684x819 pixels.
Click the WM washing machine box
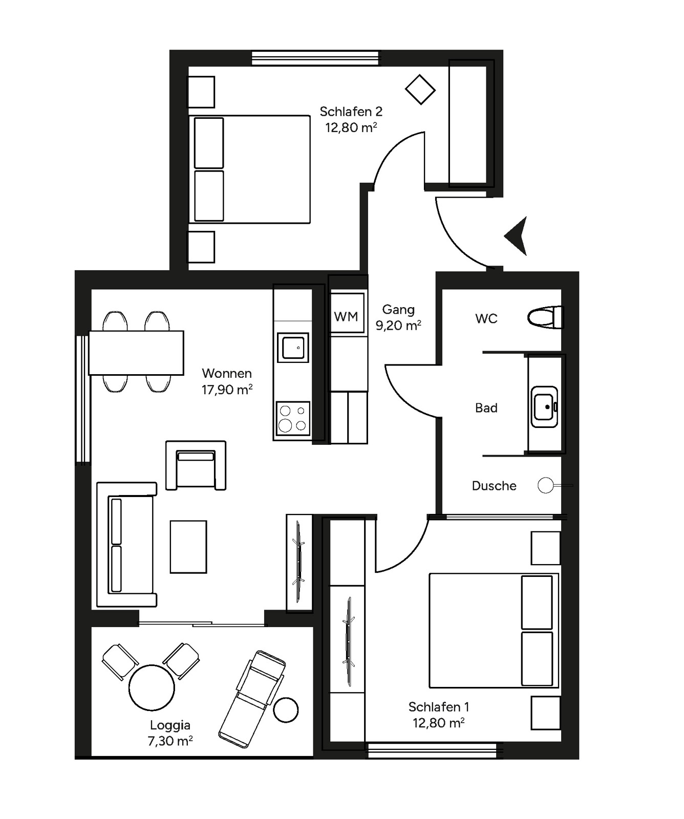point(347,316)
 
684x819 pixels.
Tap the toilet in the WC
point(544,317)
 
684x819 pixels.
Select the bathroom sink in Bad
point(544,407)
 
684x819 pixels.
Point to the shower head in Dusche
point(546,485)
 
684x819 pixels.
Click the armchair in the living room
point(196,466)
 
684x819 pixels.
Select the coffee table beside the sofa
point(188,547)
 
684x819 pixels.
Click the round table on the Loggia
point(152,687)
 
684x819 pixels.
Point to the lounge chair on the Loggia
point(252,698)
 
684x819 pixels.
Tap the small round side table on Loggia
point(286,710)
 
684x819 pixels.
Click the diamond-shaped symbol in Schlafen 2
point(420,90)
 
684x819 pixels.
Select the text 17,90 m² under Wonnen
point(227,390)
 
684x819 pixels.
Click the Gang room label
point(398,309)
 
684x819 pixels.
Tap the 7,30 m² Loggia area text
point(170,741)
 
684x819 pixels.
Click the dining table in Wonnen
point(136,353)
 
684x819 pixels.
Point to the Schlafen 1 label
point(438,707)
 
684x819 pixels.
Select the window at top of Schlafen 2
point(315,58)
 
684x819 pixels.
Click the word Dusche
point(494,486)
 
